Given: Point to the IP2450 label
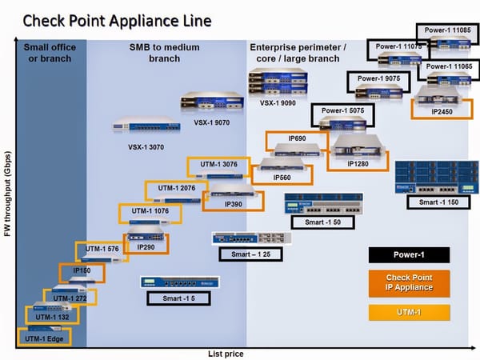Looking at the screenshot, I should click(x=442, y=111).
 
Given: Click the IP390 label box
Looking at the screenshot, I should click(x=233, y=204).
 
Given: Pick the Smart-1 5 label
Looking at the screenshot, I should click(x=174, y=298).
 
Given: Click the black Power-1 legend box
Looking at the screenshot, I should click(x=408, y=255).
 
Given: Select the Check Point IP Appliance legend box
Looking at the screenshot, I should click(x=408, y=282).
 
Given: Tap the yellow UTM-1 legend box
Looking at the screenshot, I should click(x=408, y=311).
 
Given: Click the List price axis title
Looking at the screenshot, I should click(x=224, y=353).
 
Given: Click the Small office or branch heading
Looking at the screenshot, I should click(x=50, y=53).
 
